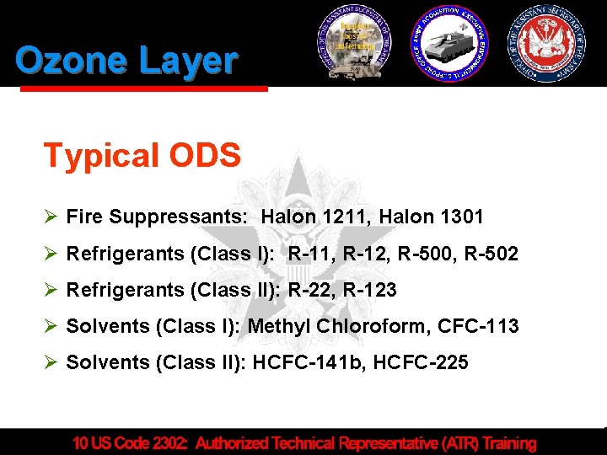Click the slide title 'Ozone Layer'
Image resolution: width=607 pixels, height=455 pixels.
click(x=126, y=61)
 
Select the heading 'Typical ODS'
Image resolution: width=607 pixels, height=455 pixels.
click(x=142, y=155)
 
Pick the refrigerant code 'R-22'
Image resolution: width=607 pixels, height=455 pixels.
click(x=310, y=290)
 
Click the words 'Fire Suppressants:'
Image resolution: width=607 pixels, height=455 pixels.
click(x=157, y=217)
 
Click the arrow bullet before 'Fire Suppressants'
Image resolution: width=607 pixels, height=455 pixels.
click(x=50, y=217)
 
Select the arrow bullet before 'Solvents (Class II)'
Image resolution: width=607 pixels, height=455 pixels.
click(x=50, y=362)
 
